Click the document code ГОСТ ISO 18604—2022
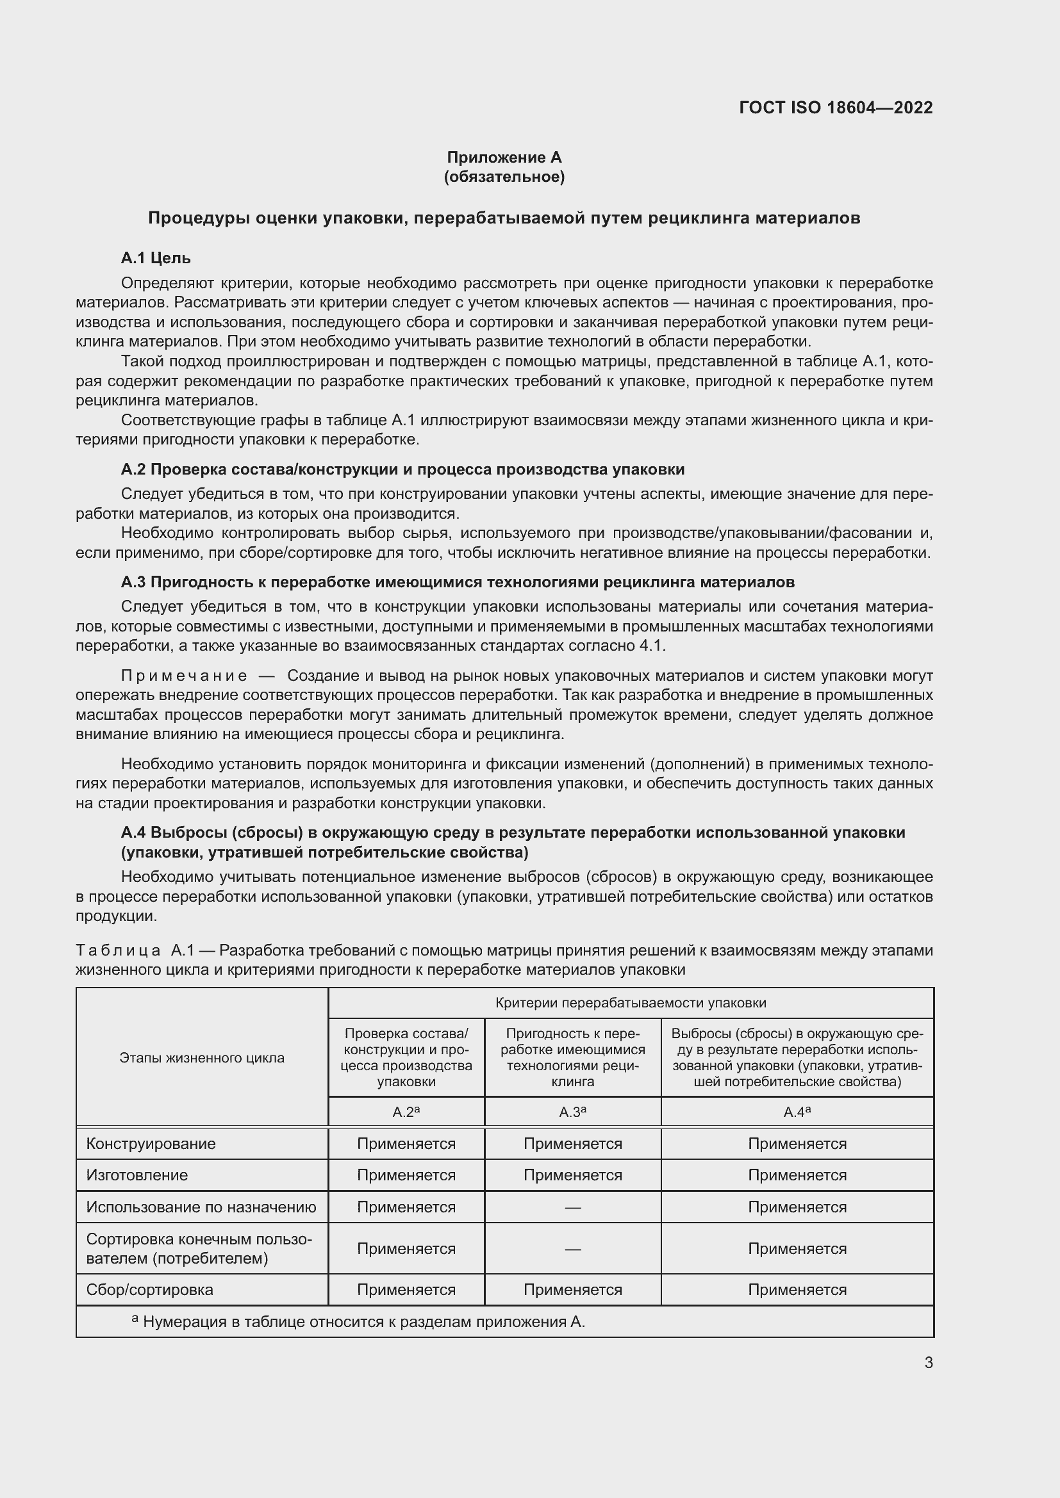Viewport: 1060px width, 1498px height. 836,108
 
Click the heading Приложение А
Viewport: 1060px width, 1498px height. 504,158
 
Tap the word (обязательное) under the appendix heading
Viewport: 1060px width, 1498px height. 504,177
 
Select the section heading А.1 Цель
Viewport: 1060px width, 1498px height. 155,258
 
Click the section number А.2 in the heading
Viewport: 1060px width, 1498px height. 134,469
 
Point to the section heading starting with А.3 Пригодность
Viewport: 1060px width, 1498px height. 457,582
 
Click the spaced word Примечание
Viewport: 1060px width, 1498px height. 184,675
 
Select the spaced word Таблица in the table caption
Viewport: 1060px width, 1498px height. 118,950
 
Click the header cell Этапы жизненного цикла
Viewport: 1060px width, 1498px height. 202,1057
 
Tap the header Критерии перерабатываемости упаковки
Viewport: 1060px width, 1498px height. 630,1003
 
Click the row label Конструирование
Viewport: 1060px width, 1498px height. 151,1144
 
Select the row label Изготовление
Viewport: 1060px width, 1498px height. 137,1175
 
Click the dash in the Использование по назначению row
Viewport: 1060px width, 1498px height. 572,1208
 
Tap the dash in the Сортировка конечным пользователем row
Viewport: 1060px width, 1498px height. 572,1249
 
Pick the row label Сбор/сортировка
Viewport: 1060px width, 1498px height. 149,1290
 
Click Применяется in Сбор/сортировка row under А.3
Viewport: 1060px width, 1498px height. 572,1290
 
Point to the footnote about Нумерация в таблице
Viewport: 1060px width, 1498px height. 363,1322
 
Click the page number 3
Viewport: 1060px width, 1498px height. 928,1363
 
